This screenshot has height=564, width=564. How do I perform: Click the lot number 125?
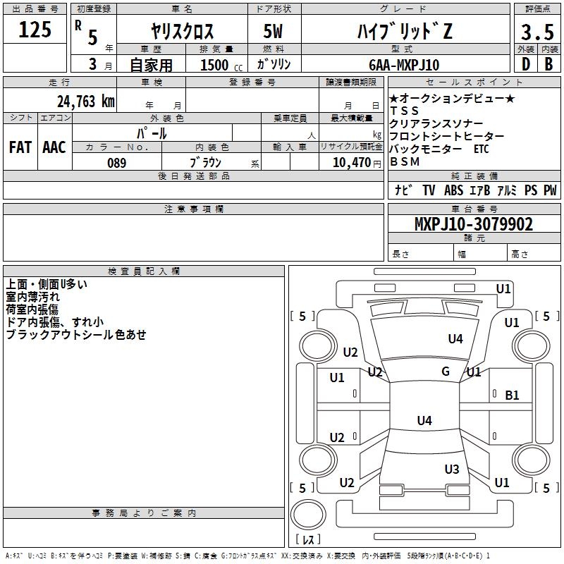[35, 30]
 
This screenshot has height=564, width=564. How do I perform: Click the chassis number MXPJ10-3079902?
[473, 225]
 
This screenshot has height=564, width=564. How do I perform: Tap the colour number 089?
[116, 163]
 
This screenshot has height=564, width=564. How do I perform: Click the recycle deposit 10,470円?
[350, 163]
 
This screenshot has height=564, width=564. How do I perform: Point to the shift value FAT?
[20, 147]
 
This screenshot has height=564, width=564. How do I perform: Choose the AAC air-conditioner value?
[54, 147]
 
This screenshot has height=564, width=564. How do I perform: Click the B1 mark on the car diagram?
[512, 396]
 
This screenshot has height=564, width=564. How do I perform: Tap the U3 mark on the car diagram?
[452, 469]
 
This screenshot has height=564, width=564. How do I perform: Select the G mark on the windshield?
[446, 372]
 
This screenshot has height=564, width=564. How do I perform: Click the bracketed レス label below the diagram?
[308, 540]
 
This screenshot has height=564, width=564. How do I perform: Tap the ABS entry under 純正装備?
[454, 190]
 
